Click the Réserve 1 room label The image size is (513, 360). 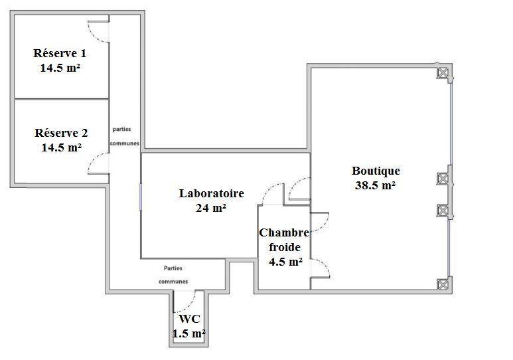tap(60, 53)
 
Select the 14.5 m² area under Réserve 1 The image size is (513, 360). tap(60, 67)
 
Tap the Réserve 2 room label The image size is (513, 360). tap(61, 132)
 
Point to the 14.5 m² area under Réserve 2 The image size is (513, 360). tap(61, 147)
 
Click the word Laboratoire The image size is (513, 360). tap(212, 194)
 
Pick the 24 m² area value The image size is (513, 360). tap(212, 208)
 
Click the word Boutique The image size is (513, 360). tap(376, 171)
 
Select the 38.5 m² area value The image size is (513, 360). tap(376, 185)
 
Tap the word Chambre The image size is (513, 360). tap(284, 232)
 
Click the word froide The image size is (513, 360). tap(284, 246)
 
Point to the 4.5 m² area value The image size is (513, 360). tap(285, 261)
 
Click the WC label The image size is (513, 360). tap(189, 319)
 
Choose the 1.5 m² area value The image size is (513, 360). tap(189, 333)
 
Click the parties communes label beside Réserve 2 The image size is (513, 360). tap(125, 136)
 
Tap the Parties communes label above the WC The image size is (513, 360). tap(173, 274)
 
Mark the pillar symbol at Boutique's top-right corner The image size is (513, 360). tap(442, 73)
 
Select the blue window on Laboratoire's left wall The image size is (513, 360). tap(141, 197)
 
